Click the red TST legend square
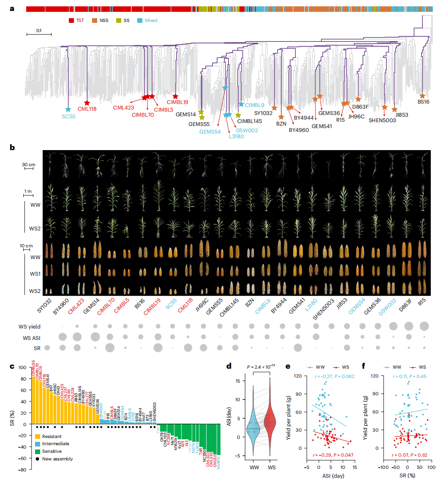tap(71, 20)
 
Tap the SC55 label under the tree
tap(68, 117)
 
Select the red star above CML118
tap(87, 103)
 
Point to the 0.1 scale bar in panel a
tap(39, 33)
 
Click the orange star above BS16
tap(422, 96)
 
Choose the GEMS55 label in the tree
tap(199, 124)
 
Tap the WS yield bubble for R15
tap(424, 326)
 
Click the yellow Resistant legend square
tap(38, 435)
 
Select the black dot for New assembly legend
tap(38, 459)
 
